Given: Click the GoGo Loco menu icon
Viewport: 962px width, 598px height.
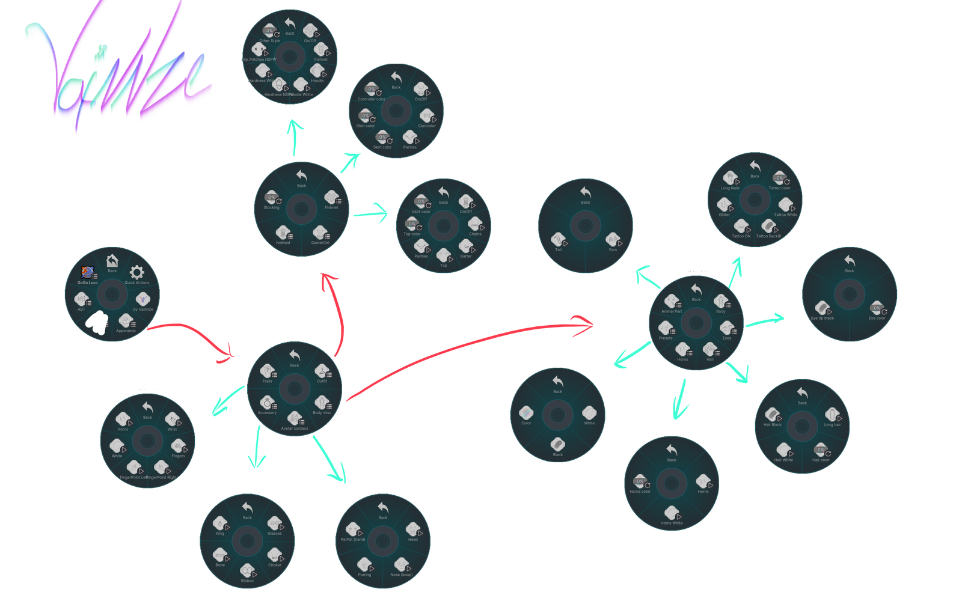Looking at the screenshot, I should (88, 274).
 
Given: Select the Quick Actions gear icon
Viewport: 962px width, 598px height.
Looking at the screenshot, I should (137, 273).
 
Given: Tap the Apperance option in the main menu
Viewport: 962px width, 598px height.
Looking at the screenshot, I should (126, 322).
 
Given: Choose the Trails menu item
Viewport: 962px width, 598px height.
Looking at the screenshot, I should (268, 373).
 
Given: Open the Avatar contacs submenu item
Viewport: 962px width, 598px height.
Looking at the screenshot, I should (294, 420).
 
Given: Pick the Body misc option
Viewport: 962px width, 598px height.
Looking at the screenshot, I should (322, 404).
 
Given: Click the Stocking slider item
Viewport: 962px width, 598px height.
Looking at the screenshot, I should (272, 199).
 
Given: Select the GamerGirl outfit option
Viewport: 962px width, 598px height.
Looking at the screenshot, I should (320, 234).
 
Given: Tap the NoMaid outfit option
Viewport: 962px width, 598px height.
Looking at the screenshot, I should (283, 234).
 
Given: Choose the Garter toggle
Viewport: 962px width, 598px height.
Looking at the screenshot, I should (466, 248).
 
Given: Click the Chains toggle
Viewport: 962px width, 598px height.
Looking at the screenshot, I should (475, 225).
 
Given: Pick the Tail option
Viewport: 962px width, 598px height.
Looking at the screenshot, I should (559, 241).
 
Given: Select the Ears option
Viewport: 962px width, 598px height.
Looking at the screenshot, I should (613, 241).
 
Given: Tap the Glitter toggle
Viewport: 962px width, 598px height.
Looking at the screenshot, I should (725, 206).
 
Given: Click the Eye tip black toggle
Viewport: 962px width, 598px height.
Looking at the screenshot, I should (822, 310).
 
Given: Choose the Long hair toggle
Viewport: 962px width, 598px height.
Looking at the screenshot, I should (832, 416).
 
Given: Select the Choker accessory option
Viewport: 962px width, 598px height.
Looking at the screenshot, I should (275, 557).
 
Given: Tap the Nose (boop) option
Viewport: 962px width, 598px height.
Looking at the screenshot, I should (402, 566).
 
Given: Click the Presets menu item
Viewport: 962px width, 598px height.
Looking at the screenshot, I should (666, 329).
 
